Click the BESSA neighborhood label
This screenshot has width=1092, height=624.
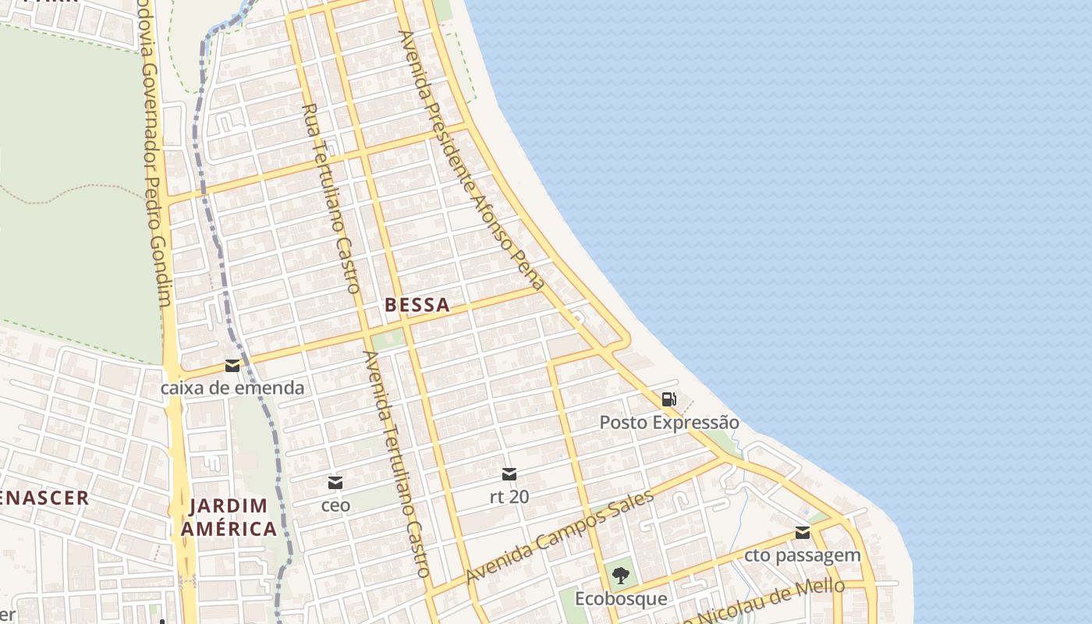[417, 305]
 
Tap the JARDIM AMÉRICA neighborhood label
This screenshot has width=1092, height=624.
[229, 517]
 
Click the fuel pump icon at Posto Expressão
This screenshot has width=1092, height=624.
[668, 399]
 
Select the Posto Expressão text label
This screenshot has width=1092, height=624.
[668, 423]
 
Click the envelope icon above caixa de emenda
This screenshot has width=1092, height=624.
[232, 366]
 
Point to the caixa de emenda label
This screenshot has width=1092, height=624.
[232, 388]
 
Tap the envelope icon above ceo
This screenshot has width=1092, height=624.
[335, 483]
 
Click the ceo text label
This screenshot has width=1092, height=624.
[335, 505]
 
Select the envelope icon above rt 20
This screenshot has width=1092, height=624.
[509, 473]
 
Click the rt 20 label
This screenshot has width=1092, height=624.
[509, 496]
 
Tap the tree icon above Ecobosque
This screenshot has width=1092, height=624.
[621, 576]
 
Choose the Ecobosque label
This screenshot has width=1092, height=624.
[621, 599]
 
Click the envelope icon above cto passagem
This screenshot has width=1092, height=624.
[803, 533]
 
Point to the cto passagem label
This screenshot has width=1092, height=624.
[803, 555]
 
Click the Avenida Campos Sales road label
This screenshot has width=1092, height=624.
[559, 537]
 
